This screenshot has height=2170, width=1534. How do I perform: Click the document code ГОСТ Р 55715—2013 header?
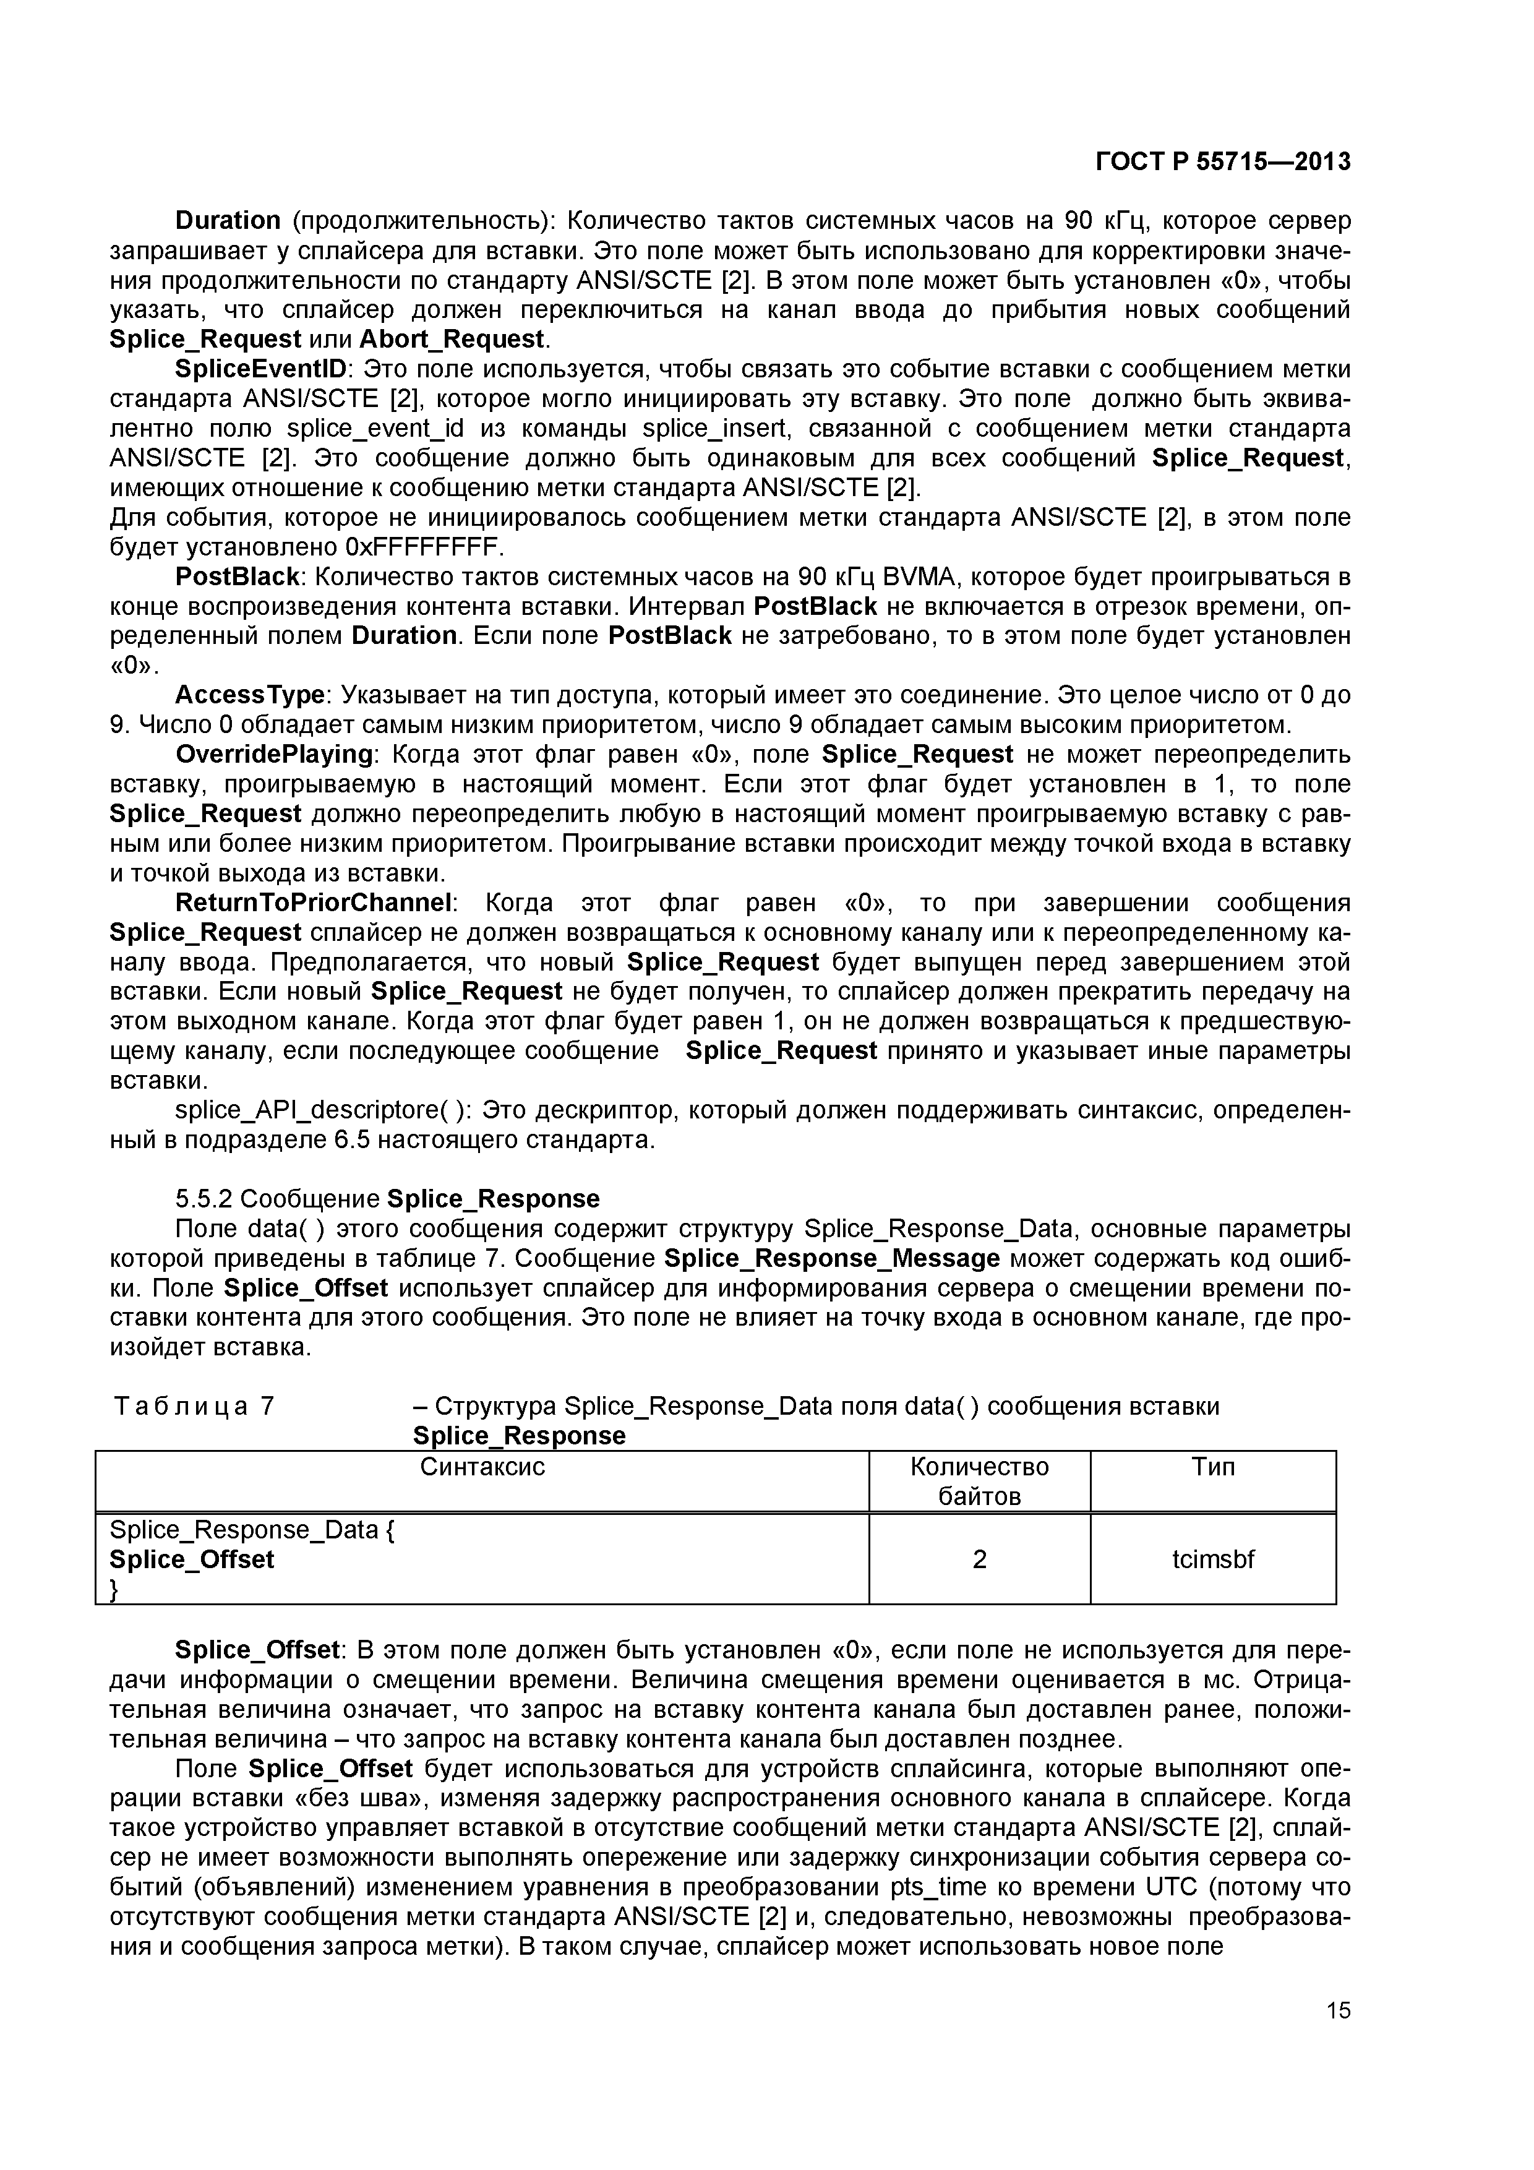pos(1222,163)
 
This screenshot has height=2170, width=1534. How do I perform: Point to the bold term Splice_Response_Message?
pos(832,1259)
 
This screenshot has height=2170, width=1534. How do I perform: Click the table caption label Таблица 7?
pos(194,1406)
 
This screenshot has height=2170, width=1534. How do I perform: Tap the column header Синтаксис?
pos(482,1467)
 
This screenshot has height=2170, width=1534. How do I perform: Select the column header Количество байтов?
pos(979,1481)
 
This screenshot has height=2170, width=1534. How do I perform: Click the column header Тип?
pos(1212,1467)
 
